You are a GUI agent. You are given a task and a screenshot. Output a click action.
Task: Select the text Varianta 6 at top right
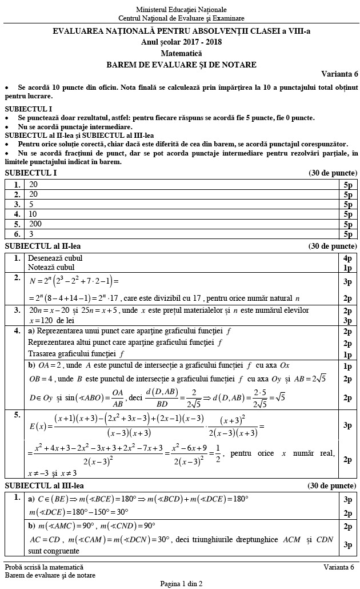[x=339, y=74]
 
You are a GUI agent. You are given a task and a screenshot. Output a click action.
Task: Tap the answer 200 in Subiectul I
[x=35, y=224]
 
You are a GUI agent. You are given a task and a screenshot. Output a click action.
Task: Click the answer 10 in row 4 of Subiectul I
[x=33, y=213]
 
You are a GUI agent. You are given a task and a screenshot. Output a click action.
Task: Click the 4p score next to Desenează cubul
[x=347, y=258]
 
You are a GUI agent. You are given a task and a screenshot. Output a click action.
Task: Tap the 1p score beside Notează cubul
[x=347, y=267]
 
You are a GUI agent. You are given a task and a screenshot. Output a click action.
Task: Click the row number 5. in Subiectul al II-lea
[x=17, y=415]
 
